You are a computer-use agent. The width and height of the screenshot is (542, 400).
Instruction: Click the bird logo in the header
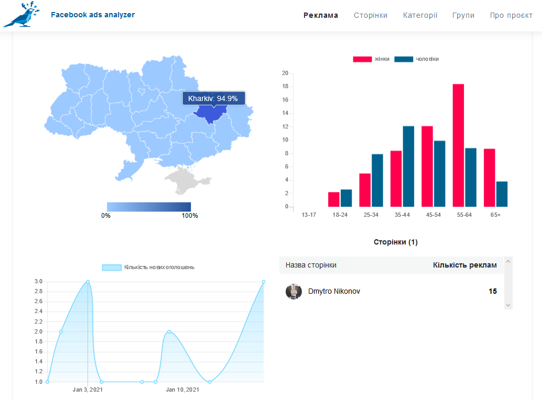(21, 15)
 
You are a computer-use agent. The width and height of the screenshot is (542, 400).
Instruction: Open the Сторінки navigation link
(371, 15)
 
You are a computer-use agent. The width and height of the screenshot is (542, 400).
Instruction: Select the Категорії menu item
(420, 15)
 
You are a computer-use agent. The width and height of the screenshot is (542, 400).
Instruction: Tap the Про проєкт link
(511, 15)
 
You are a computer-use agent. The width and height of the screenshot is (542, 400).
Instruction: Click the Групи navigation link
(463, 15)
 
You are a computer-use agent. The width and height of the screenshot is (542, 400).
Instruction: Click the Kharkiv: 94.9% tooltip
(214, 98)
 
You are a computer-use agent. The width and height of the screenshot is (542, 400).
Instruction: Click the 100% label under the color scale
(190, 216)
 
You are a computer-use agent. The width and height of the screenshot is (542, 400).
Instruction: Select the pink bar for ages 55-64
(458, 146)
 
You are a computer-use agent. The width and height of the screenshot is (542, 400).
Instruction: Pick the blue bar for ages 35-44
(408, 166)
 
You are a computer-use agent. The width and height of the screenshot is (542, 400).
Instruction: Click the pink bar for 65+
(490, 177)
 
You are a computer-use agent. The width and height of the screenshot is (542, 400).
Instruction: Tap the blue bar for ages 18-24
(346, 198)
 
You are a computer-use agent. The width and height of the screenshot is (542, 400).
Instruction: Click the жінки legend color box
(362, 59)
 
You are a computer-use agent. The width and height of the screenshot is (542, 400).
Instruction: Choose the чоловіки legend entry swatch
(404, 59)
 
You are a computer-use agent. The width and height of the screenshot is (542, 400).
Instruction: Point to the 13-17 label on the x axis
(309, 215)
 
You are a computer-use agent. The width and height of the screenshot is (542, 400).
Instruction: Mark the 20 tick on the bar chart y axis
(285, 73)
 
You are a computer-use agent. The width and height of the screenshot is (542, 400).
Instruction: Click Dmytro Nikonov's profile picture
(294, 292)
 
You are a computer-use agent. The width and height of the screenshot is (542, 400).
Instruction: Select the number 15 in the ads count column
(493, 291)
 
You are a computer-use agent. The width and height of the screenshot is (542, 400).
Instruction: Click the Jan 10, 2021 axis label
(182, 390)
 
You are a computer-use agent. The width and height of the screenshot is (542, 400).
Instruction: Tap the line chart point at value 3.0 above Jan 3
(88, 282)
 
